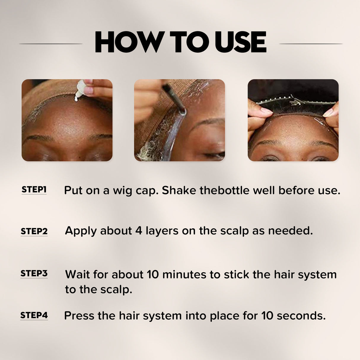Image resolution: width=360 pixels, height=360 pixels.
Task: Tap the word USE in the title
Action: pos(240,42)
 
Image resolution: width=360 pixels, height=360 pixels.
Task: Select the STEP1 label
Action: pos(34,189)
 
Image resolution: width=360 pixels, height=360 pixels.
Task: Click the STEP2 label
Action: pos(34,231)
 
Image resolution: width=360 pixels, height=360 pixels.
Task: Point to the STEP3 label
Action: pos(34,273)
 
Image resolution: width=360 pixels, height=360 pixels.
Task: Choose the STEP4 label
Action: pos(34,315)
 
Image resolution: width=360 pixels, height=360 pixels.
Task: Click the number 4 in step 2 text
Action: pos(138,231)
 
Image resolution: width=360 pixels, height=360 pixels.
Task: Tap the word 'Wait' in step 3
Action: pos(77,275)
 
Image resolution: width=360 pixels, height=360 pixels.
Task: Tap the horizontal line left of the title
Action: pos(51,44)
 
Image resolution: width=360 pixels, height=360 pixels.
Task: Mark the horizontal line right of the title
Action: pos(311,44)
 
